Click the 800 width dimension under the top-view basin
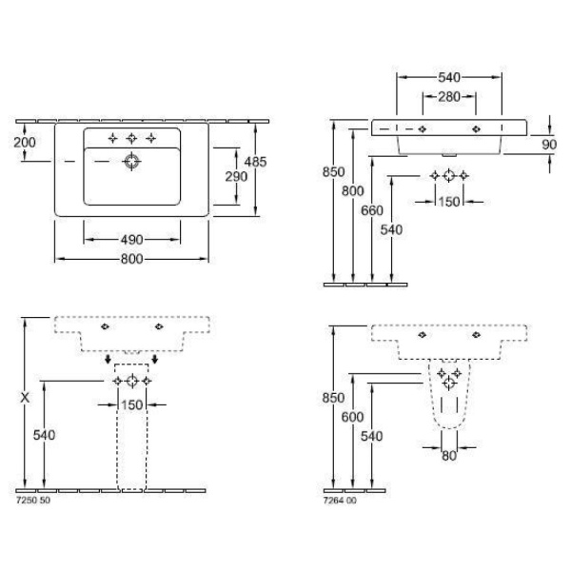131,259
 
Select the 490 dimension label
131,240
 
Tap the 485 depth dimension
255,162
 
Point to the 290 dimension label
236,177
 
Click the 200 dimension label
25,143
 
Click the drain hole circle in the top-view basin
131,162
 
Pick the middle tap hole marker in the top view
131,138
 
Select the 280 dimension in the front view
449,97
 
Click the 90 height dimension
549,145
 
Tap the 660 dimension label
372,210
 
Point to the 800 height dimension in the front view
352,191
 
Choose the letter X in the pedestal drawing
25,398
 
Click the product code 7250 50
33,501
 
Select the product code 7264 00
340,501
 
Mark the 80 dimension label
448,456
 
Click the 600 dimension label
352,417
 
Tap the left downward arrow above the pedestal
108,360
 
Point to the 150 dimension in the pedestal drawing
131,404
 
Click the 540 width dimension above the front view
449,77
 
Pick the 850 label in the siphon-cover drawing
333,398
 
